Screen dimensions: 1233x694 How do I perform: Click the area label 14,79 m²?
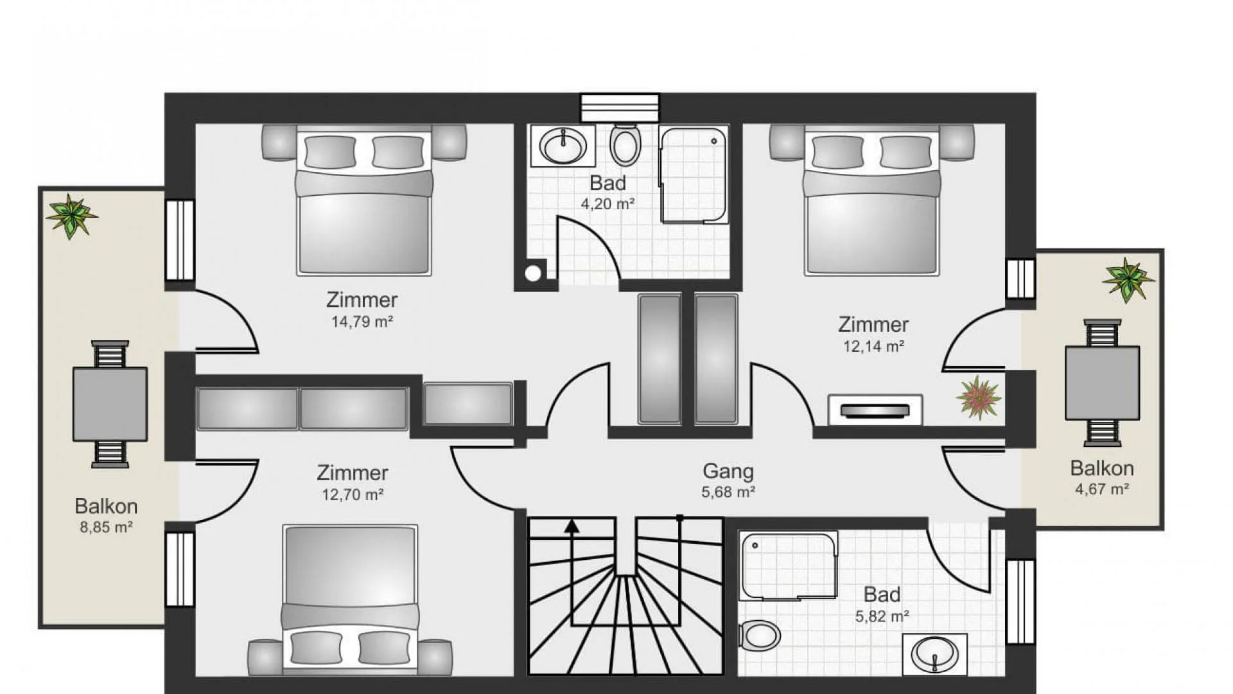point(362,321)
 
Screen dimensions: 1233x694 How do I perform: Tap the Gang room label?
point(728,471)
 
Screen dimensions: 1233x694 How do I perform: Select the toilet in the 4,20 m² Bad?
point(625,144)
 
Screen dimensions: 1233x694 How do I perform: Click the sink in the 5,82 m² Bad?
point(934,654)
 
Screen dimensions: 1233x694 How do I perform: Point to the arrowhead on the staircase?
point(572,526)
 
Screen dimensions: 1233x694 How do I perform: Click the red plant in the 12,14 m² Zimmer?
point(978,397)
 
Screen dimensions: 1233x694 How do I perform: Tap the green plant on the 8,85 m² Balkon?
point(71,216)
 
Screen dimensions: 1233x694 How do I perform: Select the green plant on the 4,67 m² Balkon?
point(1128,280)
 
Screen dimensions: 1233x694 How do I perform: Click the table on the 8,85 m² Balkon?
point(110,404)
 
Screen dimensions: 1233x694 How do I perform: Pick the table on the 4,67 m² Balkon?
point(1102,383)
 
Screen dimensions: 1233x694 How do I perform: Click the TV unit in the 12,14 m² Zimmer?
point(875,410)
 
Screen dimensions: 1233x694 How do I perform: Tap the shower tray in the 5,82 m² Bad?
point(788,566)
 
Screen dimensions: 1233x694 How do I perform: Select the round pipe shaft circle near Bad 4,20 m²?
point(533,273)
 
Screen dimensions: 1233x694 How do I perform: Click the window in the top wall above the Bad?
point(620,108)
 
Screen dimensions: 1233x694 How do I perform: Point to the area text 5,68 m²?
point(728,492)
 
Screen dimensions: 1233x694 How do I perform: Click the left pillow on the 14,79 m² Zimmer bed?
point(330,152)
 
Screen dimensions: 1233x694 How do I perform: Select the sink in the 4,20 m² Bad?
point(563,146)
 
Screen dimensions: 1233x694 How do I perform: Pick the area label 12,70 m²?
point(353,494)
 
